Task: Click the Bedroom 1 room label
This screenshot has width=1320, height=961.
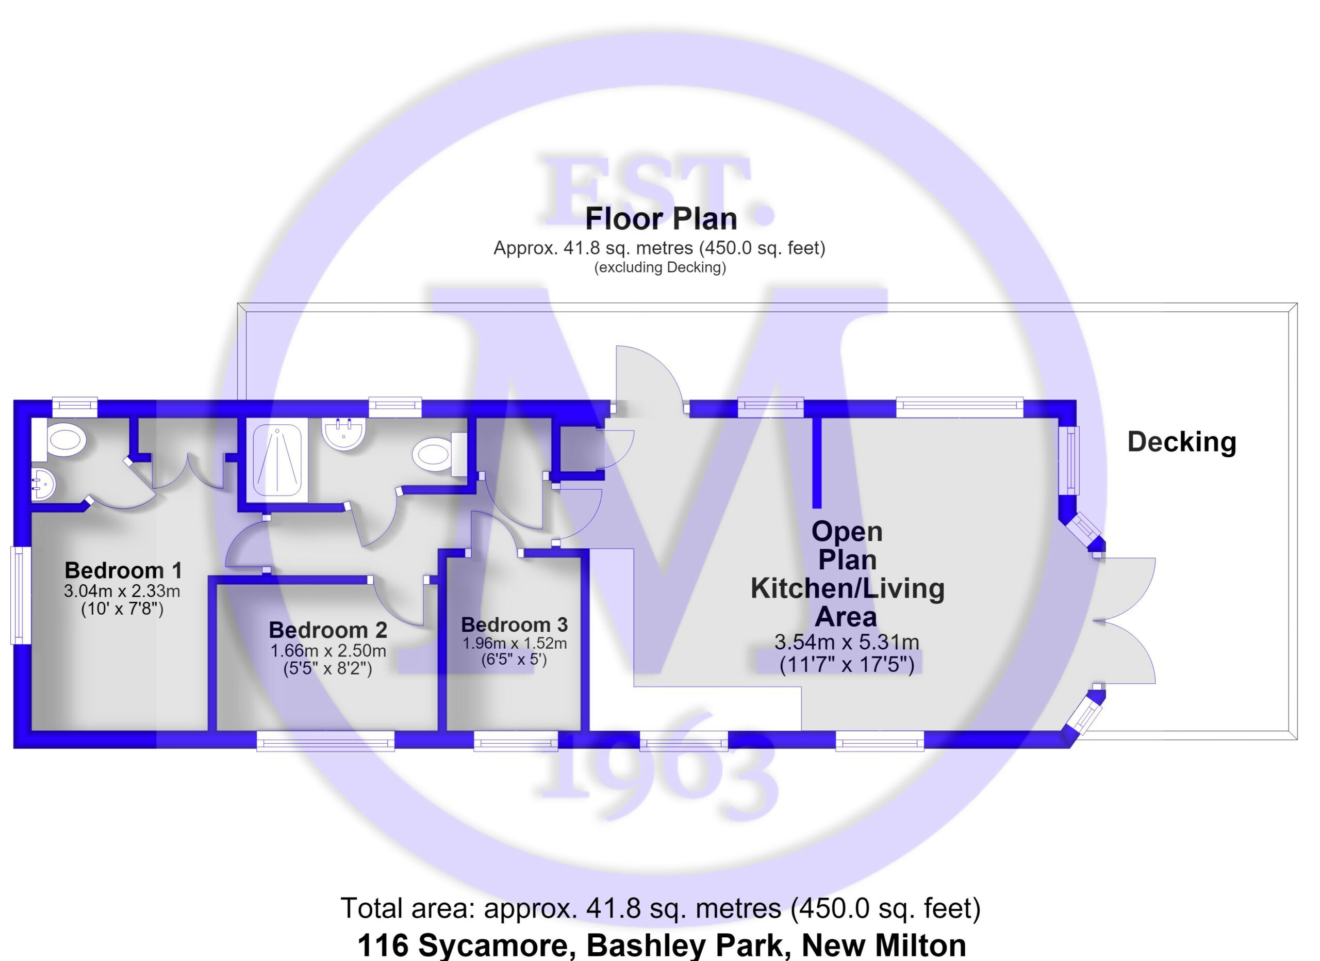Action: click(123, 570)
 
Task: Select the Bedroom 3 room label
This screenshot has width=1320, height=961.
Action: click(515, 625)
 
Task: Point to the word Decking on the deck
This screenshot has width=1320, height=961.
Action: click(1181, 443)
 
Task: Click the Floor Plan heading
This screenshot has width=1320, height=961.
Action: click(661, 218)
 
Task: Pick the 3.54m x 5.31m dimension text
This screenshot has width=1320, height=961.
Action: click(847, 642)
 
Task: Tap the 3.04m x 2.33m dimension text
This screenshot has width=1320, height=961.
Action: click(122, 591)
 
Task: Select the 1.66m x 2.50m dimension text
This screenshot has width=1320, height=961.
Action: click(328, 651)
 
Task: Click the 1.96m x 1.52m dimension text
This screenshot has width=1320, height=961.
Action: click(515, 643)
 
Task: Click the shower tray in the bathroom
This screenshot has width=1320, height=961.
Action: click(277, 462)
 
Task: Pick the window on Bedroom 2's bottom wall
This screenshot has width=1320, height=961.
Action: click(325, 741)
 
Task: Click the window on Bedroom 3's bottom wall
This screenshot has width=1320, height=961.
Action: click(516, 741)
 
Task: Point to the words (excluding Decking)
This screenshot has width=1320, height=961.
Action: click(660, 267)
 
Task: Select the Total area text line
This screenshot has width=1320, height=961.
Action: click(661, 908)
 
